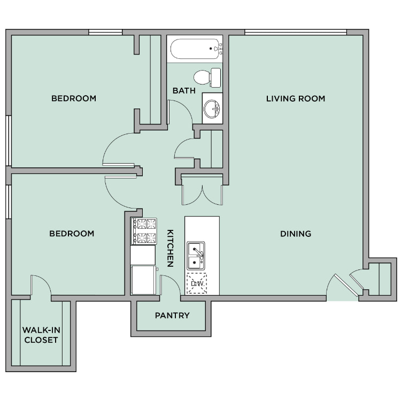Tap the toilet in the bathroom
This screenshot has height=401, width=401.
pyautogui.click(x=207, y=78)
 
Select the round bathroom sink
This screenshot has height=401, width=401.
pyautogui.click(x=212, y=109)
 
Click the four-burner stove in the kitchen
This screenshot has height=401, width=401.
pyautogui.click(x=144, y=231)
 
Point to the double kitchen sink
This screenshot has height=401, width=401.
pyautogui.click(x=196, y=256)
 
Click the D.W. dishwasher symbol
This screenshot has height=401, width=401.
pyautogui.click(x=196, y=283)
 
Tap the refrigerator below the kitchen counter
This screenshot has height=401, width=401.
pyautogui.click(x=143, y=280)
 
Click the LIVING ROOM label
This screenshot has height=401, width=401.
pyautogui.click(x=296, y=98)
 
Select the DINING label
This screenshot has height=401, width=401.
pyautogui.click(x=296, y=234)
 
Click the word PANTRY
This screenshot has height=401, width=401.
pyautogui.click(x=172, y=315)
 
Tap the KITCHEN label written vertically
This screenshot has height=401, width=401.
pyautogui.click(x=171, y=248)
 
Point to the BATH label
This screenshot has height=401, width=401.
pyautogui.click(x=184, y=90)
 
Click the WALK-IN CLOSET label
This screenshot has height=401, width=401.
pyautogui.click(x=41, y=335)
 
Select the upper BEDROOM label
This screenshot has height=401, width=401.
pyautogui.click(x=74, y=98)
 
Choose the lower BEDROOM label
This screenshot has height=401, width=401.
pyautogui.click(x=72, y=234)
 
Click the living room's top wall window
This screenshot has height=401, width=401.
pyautogui.click(x=296, y=32)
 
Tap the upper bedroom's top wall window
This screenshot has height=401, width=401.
pyautogui.click(x=105, y=32)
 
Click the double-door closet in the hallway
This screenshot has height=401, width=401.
pyautogui.click(x=202, y=189)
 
